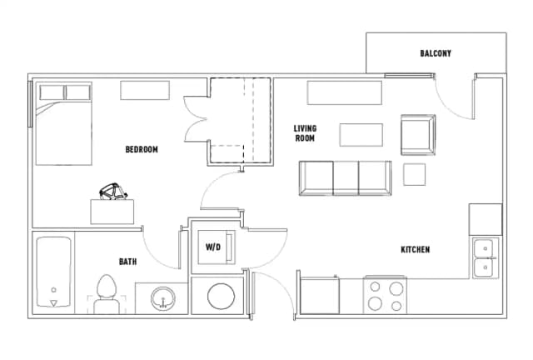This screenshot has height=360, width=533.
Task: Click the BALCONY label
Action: (436, 53)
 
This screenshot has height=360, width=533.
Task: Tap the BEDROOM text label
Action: (142, 149)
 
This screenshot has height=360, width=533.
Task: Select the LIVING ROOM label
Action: (305, 133)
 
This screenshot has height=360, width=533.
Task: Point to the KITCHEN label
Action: (416, 250)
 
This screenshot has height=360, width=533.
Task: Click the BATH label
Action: (127, 262)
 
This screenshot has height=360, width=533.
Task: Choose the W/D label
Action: (213, 247)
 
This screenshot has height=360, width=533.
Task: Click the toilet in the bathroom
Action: (107, 294)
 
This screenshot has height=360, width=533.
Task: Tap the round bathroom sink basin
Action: (163, 299)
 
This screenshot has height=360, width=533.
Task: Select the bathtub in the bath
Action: (53, 272)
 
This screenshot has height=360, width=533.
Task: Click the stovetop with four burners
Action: (385, 295)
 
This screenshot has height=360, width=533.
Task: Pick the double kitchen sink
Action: (486, 257)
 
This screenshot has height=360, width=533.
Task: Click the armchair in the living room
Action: (418, 135)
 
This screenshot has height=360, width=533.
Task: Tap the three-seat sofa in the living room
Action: (346, 178)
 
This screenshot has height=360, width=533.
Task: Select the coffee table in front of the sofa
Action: (361, 135)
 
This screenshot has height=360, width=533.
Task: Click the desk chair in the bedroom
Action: (113, 192)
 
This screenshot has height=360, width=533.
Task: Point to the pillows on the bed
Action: (65, 92)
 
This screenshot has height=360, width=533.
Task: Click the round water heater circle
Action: (221, 296)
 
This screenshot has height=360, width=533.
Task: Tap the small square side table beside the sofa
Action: (415, 174)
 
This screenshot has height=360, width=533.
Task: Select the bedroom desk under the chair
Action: (112, 212)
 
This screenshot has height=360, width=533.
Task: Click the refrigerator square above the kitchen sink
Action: (486, 219)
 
